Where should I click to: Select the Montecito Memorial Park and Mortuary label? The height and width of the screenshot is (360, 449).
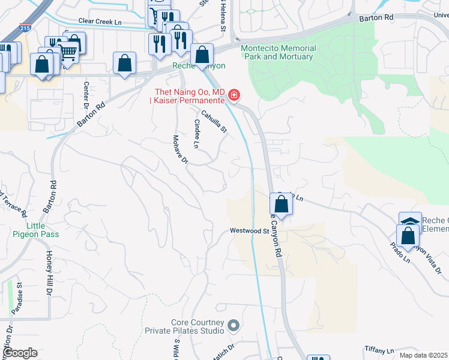[x=278, y=52]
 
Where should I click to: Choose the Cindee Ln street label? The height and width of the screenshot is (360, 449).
[x=196, y=133]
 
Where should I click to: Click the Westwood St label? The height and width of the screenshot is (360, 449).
[x=249, y=230]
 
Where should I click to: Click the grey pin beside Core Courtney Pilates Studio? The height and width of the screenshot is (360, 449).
[x=234, y=326]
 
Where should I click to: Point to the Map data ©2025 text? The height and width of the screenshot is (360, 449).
[x=423, y=355]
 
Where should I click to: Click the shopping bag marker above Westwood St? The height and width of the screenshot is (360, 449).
[x=282, y=204]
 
